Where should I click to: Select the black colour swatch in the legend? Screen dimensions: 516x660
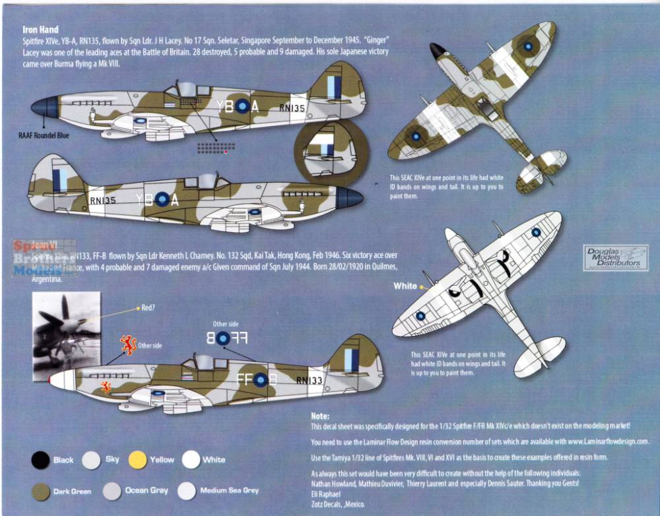pos(41,459)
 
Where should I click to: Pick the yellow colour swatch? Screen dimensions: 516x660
pos(137,459)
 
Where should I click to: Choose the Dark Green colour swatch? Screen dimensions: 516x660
pos(41,491)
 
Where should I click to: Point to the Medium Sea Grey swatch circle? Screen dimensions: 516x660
pos(187,490)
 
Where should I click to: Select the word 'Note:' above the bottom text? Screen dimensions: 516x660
pos(319,416)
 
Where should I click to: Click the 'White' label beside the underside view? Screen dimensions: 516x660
pos(405,286)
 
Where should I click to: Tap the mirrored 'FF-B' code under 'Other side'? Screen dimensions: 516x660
pos(223,339)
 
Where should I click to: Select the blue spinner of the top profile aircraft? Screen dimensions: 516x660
pos(44,107)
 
